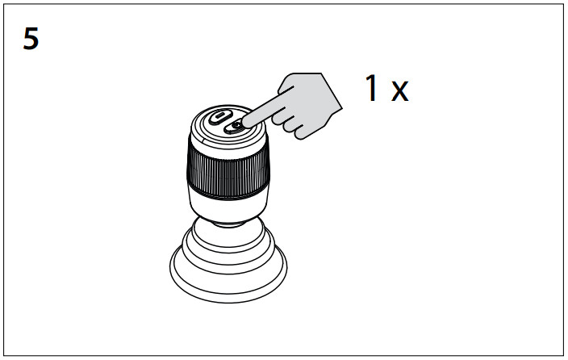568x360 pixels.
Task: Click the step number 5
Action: [x=31, y=39]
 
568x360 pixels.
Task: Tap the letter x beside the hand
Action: [x=400, y=90]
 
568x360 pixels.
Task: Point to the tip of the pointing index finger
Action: [x=244, y=123]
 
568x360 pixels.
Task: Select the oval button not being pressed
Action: [x=219, y=117]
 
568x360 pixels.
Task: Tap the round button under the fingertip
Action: [x=236, y=125]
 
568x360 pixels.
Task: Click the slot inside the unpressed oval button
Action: [x=219, y=117]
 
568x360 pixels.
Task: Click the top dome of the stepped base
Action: [x=229, y=232]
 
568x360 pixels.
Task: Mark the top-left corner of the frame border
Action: [x=4, y=4]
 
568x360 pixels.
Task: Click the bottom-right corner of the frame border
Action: [x=563, y=355]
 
